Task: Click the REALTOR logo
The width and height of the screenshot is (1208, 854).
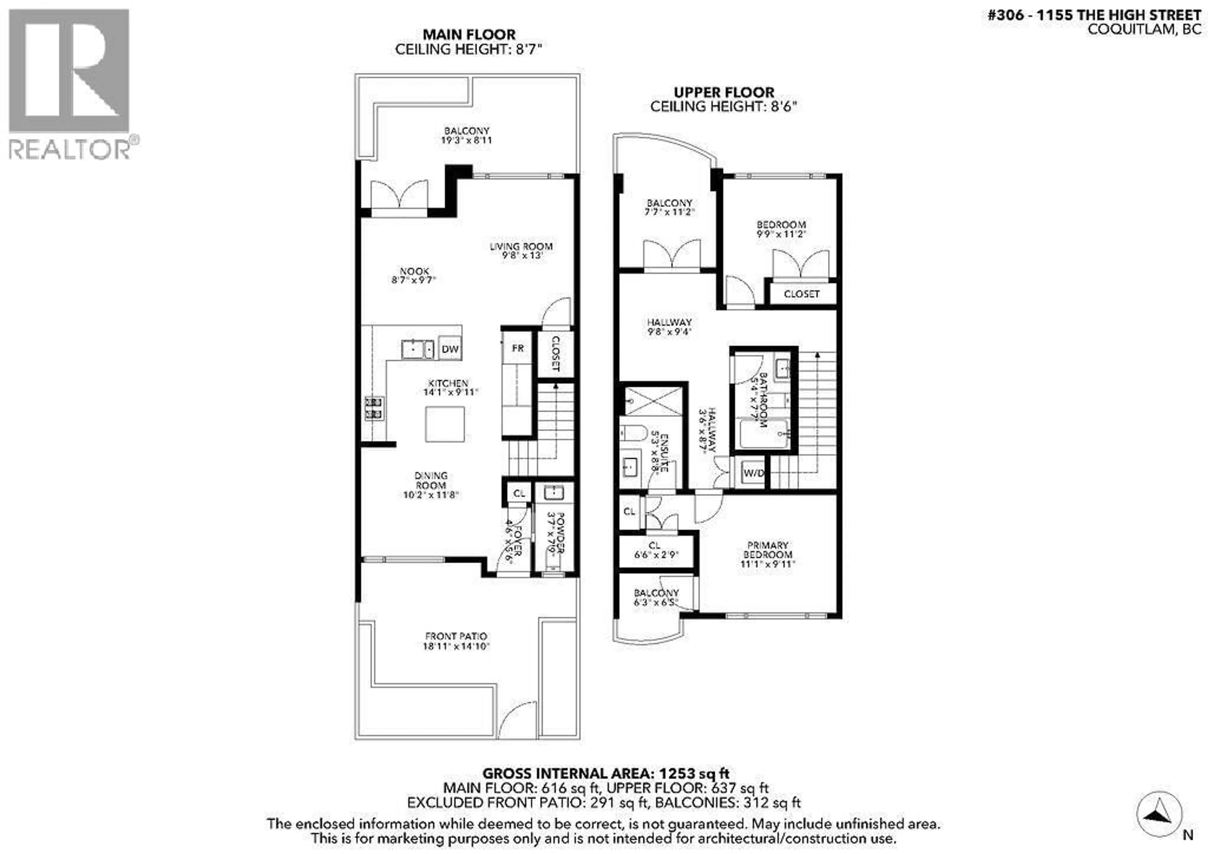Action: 70,84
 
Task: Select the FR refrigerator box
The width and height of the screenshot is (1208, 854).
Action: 518,348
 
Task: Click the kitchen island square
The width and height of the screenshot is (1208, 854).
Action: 445,424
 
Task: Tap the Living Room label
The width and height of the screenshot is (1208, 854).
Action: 521,246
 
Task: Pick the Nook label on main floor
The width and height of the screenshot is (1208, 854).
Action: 414,271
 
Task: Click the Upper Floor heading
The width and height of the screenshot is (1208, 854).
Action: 724,92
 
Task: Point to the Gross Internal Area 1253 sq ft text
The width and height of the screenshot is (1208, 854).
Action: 606,773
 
